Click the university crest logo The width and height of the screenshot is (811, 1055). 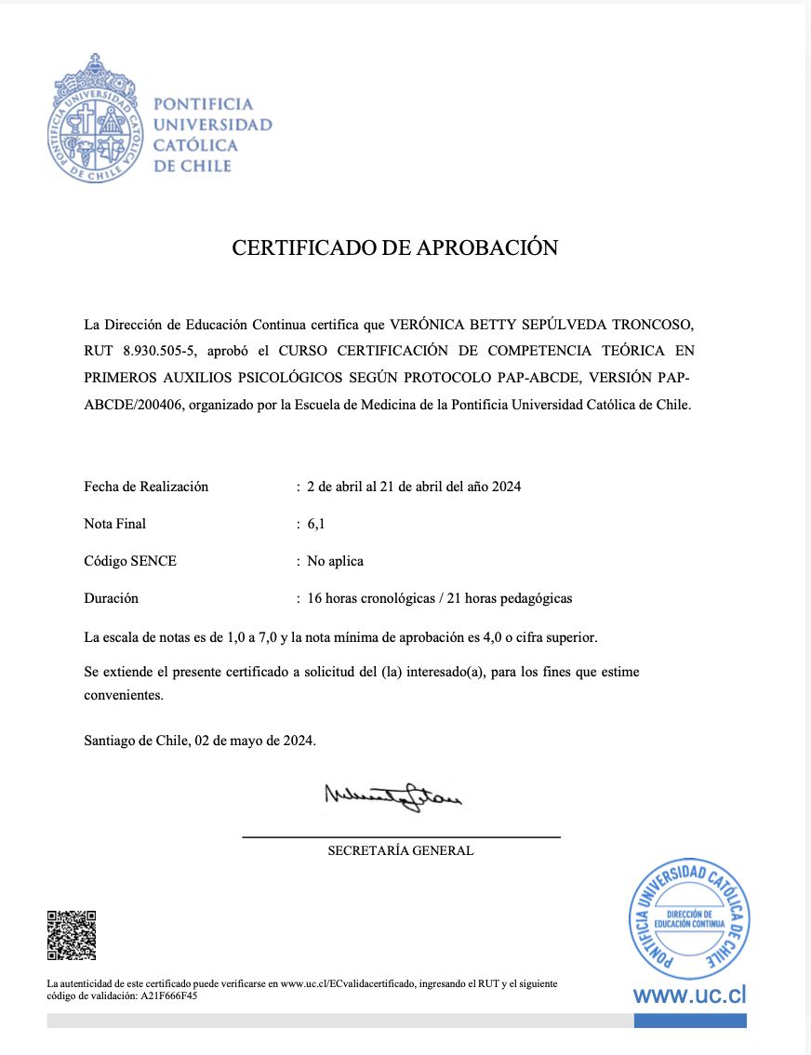click(93, 117)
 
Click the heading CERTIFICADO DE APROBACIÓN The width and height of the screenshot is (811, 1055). click(394, 247)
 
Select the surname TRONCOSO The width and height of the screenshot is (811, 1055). click(652, 325)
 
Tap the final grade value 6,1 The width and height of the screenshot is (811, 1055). click(316, 524)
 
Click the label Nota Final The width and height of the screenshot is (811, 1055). click(114, 524)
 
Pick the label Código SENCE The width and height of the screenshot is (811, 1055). click(129, 561)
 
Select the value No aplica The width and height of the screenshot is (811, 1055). click(336, 561)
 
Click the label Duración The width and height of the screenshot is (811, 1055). click(111, 598)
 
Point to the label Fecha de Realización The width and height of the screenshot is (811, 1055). click(146, 487)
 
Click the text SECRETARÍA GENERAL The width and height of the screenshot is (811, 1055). click(401, 850)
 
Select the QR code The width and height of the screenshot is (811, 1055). click(72, 935)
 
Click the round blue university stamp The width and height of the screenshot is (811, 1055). click(689, 918)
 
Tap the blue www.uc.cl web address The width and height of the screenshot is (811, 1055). click(689, 995)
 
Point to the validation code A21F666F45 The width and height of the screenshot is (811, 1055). click(168, 995)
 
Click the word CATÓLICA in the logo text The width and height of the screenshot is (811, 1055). click(195, 145)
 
